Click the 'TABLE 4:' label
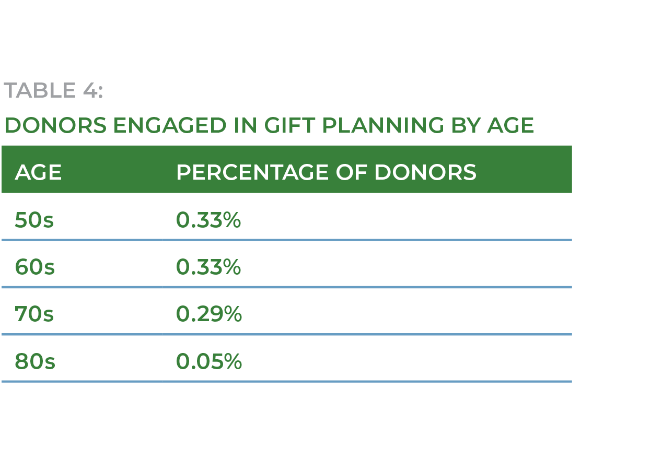[53, 90]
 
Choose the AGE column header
[38, 172]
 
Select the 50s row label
[34, 220]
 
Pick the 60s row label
[34, 267]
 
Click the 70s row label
[34, 314]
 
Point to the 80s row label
[34, 361]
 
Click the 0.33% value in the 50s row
[208, 220]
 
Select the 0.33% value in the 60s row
[208, 267]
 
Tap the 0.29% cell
[208, 314]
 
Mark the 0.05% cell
[208, 361]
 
